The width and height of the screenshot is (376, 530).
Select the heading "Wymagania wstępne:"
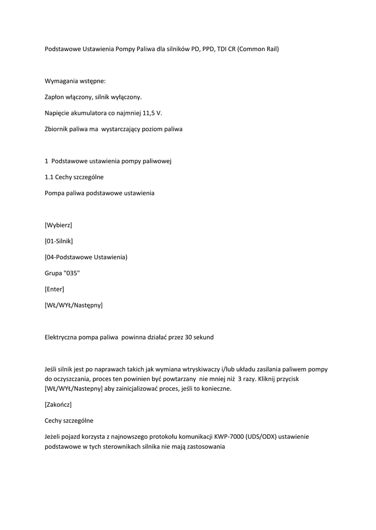75,81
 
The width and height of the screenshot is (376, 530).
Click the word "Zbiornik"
57,129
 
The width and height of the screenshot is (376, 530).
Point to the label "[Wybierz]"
59,225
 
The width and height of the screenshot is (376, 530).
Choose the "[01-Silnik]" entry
59,241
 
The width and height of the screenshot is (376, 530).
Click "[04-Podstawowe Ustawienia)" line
86,257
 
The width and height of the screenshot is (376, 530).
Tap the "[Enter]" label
54,289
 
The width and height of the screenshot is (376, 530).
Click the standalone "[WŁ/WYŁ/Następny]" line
74,305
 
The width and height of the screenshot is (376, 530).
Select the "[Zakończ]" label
58,404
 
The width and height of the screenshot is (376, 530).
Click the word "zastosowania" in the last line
205,447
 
